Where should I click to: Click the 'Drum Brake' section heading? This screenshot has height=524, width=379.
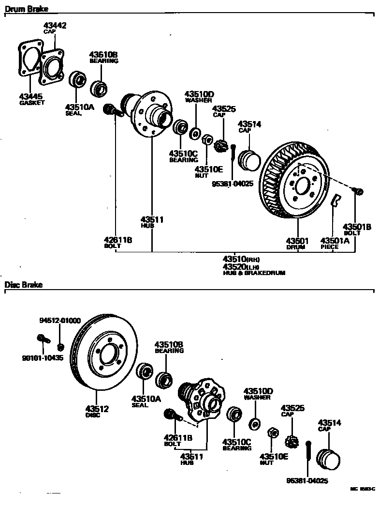click(x=27, y=9)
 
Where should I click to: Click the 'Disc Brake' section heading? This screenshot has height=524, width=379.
click(x=24, y=285)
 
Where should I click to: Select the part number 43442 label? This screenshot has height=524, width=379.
click(x=55, y=25)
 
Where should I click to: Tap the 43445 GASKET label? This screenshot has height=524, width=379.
click(x=32, y=99)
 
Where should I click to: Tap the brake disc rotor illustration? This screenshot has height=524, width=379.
click(x=102, y=353)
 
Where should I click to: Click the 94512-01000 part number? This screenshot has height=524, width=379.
click(x=60, y=321)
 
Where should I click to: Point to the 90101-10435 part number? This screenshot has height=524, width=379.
click(x=43, y=358)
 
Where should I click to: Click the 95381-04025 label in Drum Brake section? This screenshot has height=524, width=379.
click(x=233, y=184)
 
